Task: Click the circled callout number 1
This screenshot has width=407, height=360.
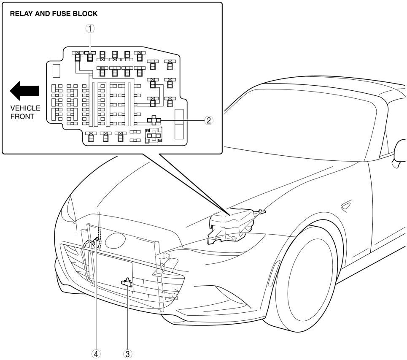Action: point(90,29)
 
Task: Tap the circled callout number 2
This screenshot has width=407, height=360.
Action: point(209,120)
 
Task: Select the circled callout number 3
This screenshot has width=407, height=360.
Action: point(127,354)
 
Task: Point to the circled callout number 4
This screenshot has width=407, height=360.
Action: point(96,354)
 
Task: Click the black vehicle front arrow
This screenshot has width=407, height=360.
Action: point(24,91)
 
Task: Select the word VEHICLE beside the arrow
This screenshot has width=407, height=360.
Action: point(25,108)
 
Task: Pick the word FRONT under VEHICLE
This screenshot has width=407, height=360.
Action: point(22,116)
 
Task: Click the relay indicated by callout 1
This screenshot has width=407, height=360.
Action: point(90,57)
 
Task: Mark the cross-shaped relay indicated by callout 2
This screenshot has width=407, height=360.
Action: point(154,120)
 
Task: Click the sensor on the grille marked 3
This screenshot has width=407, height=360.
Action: point(127,283)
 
